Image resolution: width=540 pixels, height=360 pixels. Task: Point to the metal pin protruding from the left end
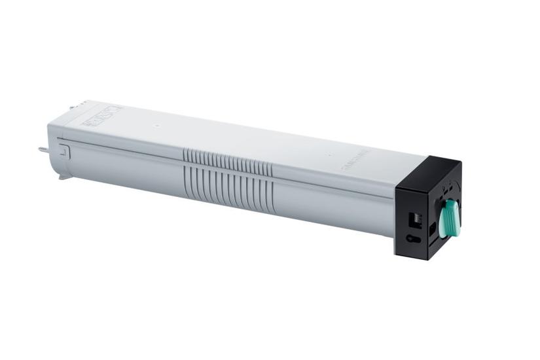(43, 149)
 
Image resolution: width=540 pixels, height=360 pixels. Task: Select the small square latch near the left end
(64, 151)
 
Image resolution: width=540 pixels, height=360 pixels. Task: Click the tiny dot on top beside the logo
(329, 155)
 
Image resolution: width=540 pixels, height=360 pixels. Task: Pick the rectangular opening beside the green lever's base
(433, 229)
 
